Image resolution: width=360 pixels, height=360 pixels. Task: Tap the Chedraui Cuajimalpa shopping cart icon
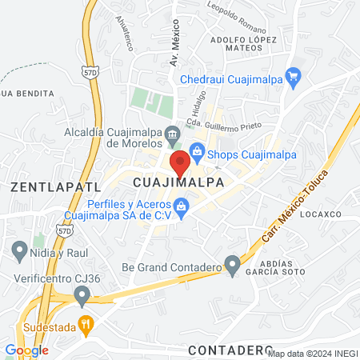click(x=293, y=77)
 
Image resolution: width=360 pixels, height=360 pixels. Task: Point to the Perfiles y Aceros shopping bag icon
click(x=181, y=209)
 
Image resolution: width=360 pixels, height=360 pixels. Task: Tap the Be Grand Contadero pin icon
click(x=232, y=264)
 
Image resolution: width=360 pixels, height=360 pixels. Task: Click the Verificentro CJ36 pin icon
click(x=82, y=296)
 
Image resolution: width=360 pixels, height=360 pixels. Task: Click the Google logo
click(x=26, y=350)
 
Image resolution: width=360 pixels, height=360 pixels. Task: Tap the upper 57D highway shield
click(x=89, y=72)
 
